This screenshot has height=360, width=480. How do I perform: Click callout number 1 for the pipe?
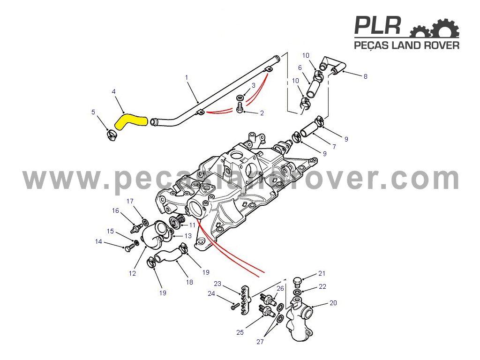point(187,77)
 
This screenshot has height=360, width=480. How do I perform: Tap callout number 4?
point(114,91)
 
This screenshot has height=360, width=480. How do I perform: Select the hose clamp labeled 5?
point(112,135)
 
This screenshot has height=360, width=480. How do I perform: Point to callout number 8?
point(365,76)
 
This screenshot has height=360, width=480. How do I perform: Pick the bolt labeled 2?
point(240,107)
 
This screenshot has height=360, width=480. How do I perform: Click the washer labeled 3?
point(240,98)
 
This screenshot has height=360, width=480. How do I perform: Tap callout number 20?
point(333,303)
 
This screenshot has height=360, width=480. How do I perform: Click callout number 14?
point(98,241)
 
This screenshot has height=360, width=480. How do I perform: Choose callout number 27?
point(260,342)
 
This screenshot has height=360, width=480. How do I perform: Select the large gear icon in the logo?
point(446,29)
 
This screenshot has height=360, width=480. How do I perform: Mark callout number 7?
point(334,147)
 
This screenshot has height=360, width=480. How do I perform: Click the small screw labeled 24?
point(235,306)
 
